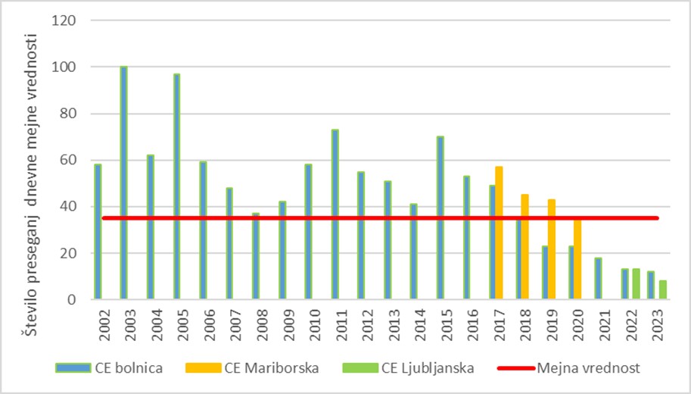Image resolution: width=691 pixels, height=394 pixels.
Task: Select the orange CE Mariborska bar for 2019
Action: tap(551, 249)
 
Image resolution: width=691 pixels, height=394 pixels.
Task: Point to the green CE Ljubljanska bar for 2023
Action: tap(663, 290)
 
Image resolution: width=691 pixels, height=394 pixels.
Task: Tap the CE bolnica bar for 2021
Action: tap(598, 279)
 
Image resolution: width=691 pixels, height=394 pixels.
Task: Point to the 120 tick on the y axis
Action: tap(67, 20)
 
